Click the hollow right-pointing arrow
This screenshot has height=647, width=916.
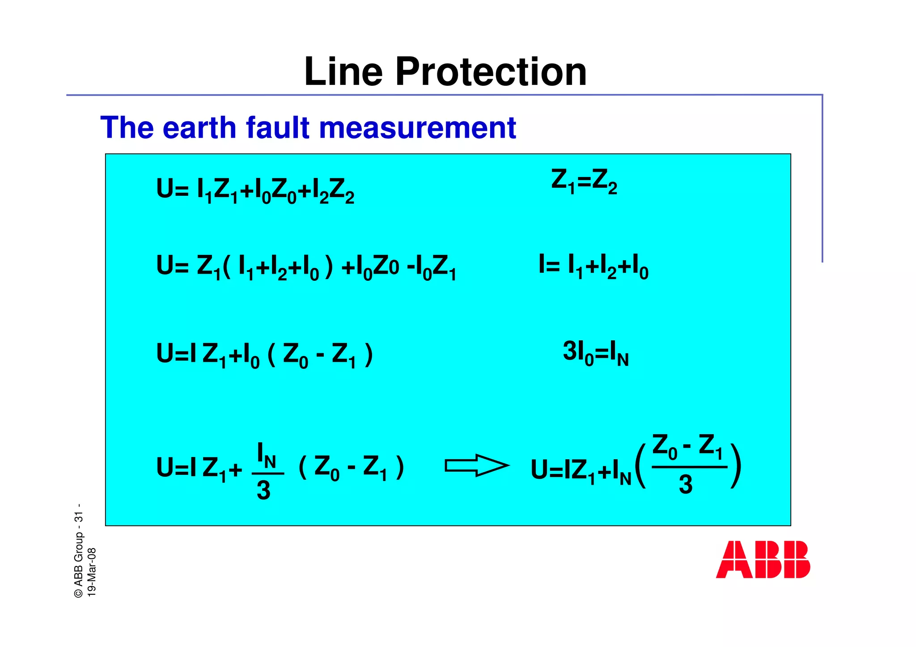click(x=476, y=465)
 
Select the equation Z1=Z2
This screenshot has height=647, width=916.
click(x=584, y=182)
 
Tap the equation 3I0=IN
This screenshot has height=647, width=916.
click(x=595, y=353)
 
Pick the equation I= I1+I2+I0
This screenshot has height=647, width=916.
click(x=593, y=267)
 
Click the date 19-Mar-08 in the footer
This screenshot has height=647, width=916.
click(x=92, y=572)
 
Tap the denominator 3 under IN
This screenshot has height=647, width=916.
click(x=263, y=491)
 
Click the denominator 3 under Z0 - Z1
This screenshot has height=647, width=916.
click(x=686, y=485)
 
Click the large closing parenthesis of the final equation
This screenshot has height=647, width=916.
click(x=736, y=466)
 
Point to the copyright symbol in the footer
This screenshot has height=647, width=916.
click(x=79, y=592)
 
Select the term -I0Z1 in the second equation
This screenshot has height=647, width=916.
click(x=431, y=268)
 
